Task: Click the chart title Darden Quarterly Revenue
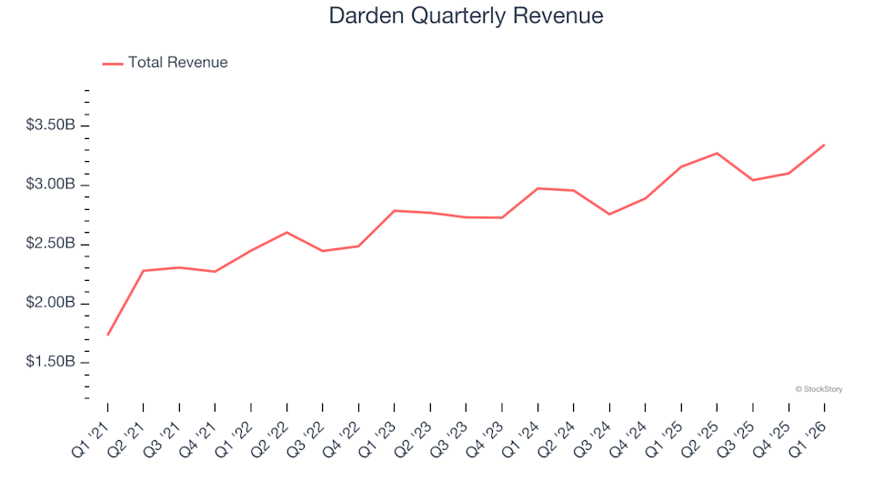[x=466, y=16]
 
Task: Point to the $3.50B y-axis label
[x=51, y=125]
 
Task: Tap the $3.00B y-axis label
[x=51, y=185]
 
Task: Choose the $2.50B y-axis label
[x=51, y=244]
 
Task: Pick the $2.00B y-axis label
[x=51, y=303]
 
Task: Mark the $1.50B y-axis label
[x=51, y=362]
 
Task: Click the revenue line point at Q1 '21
[x=108, y=335]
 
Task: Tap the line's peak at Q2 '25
[x=717, y=153]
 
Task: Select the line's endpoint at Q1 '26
[x=824, y=145]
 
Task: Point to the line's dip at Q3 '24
[x=609, y=214]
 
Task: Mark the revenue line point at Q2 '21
[x=144, y=271]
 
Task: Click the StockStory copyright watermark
[x=818, y=389]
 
